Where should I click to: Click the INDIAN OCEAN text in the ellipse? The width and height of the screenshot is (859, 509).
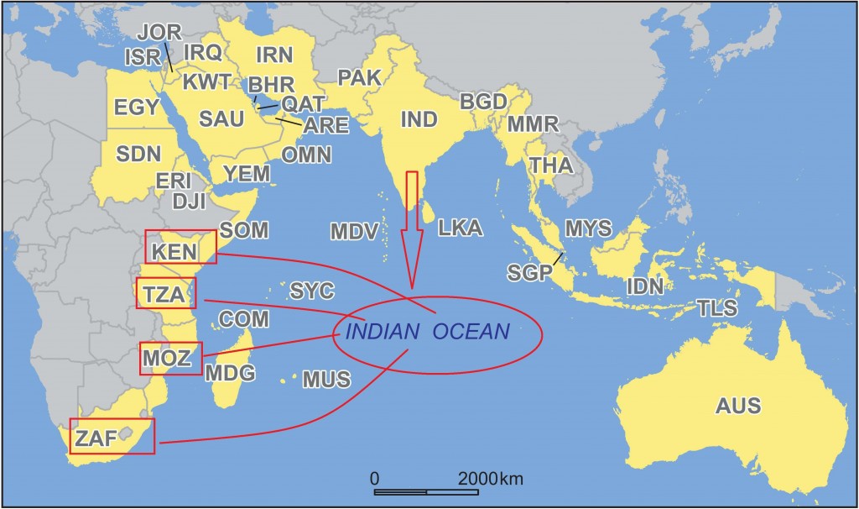coord(427,331)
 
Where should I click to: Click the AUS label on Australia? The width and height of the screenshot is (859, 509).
coord(738,407)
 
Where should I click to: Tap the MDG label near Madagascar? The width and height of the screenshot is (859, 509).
coord(230,372)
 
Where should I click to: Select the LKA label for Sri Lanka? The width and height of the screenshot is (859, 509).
coord(460,228)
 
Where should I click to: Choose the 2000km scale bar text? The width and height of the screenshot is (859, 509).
coord(490,479)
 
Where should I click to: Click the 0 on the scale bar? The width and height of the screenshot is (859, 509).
coord(375,479)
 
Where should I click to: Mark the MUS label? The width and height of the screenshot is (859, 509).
coord(326,380)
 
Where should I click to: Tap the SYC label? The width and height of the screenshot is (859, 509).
coord(312,291)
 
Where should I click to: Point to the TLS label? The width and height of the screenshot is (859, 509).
coord(716,308)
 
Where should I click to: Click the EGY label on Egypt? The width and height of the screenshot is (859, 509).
coord(137,108)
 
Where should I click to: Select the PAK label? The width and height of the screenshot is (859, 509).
coord(359,78)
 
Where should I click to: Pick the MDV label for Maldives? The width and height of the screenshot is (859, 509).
coord(352,231)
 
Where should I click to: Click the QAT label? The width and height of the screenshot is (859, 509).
coord(299,103)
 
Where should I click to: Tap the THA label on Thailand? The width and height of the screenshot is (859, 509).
coord(551,165)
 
